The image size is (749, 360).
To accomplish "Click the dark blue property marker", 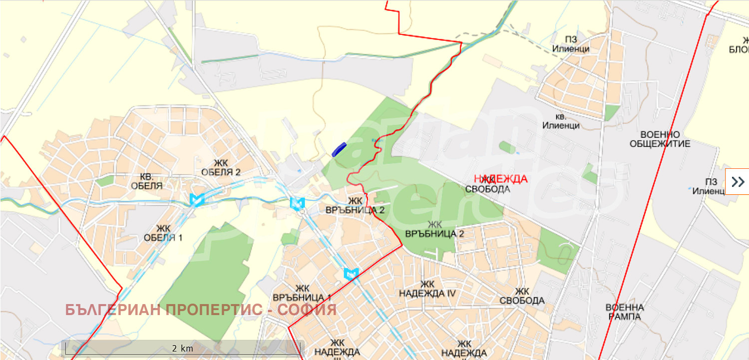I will [x=339, y=149].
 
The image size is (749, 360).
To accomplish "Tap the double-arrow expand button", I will [x=738, y=181].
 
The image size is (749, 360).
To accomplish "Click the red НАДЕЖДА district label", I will [x=500, y=179].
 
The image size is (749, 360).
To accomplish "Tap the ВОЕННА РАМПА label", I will [x=624, y=312].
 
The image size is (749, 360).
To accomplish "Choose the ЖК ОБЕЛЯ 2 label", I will [x=221, y=167].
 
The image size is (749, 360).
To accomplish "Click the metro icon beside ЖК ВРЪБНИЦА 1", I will [x=351, y=273].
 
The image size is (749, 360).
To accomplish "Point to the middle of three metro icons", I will [x=297, y=203].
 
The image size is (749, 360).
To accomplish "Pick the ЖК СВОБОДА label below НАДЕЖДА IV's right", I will [x=522, y=296].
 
